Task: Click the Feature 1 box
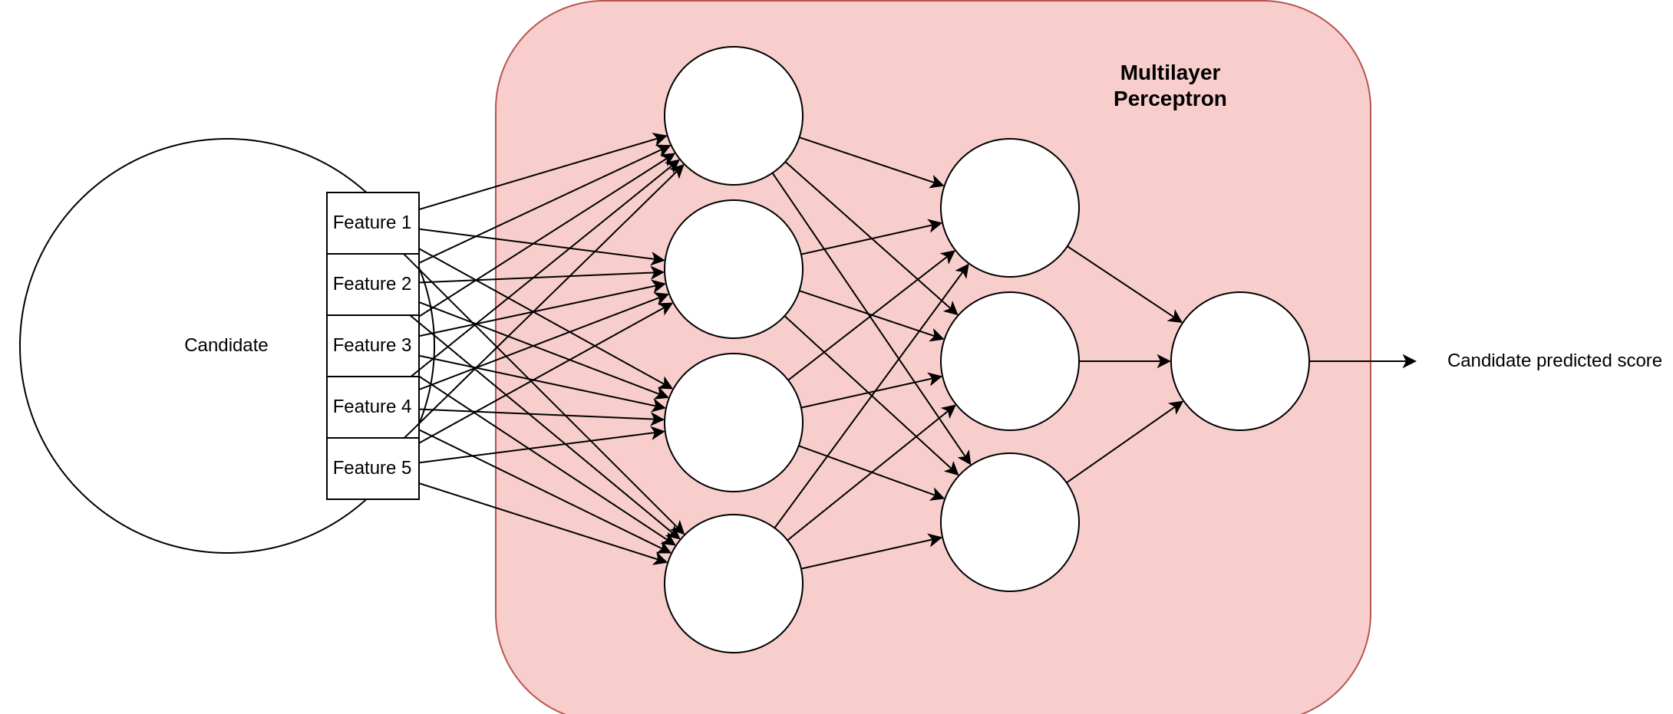click(x=372, y=223)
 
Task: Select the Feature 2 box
click(x=372, y=285)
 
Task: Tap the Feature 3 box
click(x=372, y=346)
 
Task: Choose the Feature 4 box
click(x=372, y=407)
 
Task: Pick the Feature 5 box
click(x=372, y=469)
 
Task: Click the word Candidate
click(x=226, y=345)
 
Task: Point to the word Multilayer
click(x=1170, y=73)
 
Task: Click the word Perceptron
click(x=1170, y=99)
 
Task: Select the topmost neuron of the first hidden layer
click(x=733, y=116)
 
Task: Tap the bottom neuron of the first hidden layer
click(x=733, y=584)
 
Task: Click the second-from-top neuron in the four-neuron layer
click(x=733, y=269)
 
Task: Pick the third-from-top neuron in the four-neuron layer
click(x=733, y=423)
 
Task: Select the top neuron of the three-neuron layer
click(x=1009, y=208)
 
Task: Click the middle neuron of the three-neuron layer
click(x=1009, y=361)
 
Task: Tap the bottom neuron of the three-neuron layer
click(x=1009, y=522)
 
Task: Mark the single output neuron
click(x=1239, y=361)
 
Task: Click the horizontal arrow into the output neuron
click(x=1124, y=361)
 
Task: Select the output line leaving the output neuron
click(x=1340, y=361)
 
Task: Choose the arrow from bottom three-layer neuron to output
click(x=1124, y=442)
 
